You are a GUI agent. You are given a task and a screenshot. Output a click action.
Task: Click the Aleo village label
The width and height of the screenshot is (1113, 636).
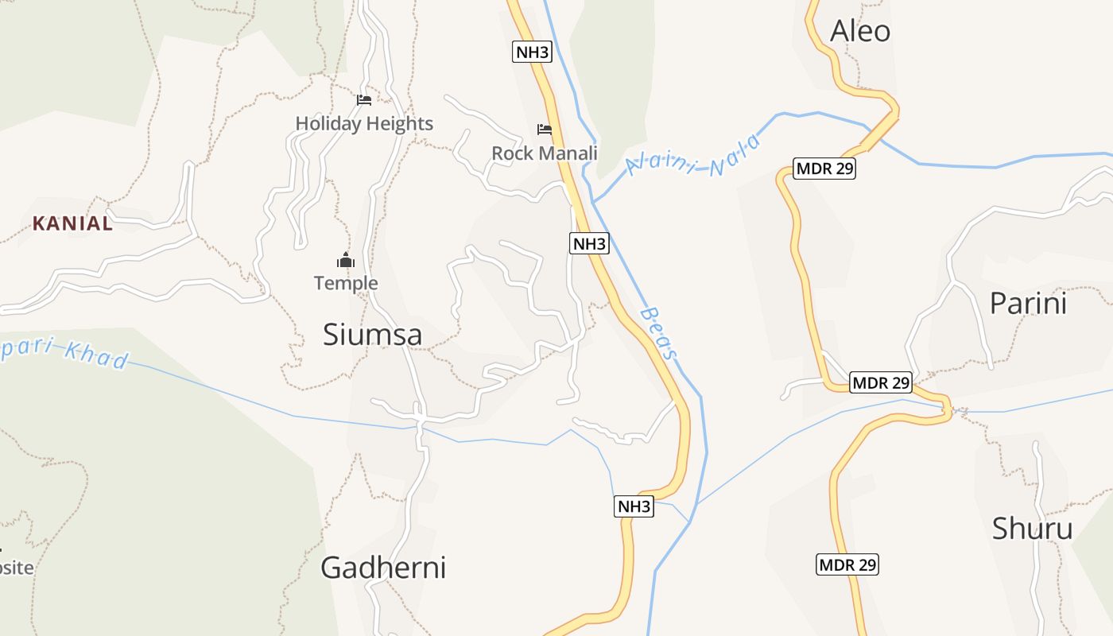click(x=859, y=31)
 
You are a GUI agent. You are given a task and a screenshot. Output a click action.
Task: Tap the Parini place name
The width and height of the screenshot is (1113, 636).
click(x=1027, y=303)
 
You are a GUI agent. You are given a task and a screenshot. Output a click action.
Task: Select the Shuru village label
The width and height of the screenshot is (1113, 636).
click(x=1032, y=528)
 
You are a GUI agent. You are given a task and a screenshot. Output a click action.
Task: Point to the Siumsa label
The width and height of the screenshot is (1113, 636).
click(x=372, y=335)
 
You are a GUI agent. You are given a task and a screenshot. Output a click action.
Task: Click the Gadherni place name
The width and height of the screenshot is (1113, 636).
click(x=382, y=568)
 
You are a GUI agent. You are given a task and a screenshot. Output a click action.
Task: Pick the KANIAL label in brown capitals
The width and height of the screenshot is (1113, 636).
click(x=72, y=223)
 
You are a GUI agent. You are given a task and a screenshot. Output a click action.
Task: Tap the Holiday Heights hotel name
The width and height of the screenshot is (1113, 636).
click(x=364, y=123)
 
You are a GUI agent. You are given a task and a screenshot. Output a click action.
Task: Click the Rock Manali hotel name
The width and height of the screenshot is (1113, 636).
click(x=545, y=153)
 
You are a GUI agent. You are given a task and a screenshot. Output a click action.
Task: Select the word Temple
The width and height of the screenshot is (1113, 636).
click(x=346, y=283)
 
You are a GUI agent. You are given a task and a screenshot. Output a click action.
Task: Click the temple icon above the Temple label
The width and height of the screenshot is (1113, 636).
click(x=345, y=260)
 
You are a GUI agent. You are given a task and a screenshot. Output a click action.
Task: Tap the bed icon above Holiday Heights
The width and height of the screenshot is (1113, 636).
click(x=364, y=100)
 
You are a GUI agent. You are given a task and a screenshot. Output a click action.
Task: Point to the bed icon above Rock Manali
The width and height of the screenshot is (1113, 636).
click(x=545, y=129)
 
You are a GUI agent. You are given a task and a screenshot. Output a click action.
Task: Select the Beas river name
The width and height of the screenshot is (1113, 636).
click(x=661, y=333)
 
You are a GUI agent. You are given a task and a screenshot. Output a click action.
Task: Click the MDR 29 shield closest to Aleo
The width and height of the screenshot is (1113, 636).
click(x=824, y=169)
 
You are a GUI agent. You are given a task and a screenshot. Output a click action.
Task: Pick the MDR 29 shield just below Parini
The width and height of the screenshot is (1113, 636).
click(x=880, y=382)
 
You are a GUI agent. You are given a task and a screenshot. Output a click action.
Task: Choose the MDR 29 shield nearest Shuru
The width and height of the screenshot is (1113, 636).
click(x=847, y=564)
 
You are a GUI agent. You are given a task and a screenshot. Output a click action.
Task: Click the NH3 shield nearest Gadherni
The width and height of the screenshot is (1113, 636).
click(x=634, y=506)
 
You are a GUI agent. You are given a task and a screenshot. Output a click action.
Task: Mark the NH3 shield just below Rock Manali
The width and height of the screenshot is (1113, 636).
click(x=589, y=243)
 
